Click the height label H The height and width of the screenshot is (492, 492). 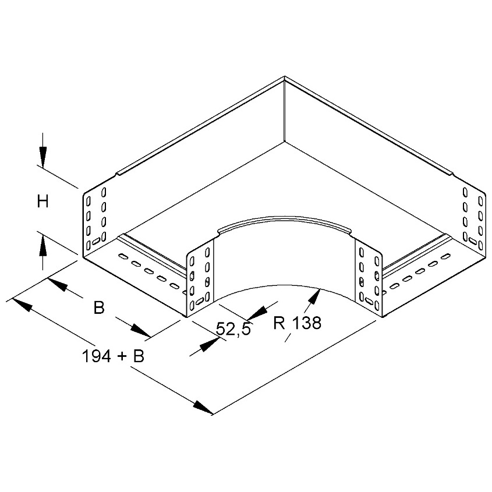pyautogui.click(x=43, y=201)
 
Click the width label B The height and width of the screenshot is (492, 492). pyautogui.click(x=99, y=307)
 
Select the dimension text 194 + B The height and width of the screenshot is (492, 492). pyautogui.click(x=113, y=356)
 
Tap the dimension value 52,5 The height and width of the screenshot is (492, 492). pyautogui.click(x=233, y=329)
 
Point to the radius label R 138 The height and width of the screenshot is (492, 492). pyautogui.click(x=297, y=323)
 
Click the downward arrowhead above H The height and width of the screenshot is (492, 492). pyautogui.click(x=43, y=155)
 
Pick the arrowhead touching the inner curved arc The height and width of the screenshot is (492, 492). pyautogui.click(x=315, y=296)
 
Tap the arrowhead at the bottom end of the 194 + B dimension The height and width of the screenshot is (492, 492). pyautogui.click(x=203, y=408)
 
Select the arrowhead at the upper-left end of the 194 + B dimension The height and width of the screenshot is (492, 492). pyautogui.click(x=22, y=305)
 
